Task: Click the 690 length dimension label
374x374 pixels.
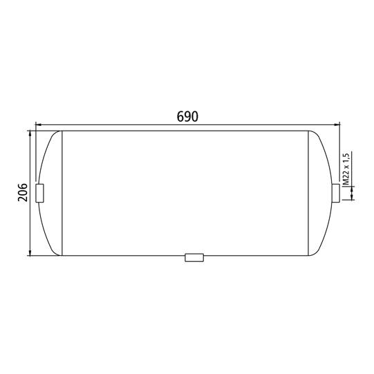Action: (x=187, y=116)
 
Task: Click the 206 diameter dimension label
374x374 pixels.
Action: (x=23, y=192)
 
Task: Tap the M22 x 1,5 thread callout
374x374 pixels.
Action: (x=346, y=168)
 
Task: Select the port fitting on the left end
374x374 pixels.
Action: (x=39, y=193)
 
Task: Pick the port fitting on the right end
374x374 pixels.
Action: (x=336, y=193)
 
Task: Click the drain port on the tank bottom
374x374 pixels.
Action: (x=194, y=258)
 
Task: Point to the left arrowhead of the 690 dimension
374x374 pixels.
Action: (x=39, y=124)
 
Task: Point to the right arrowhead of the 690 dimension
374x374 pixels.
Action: (x=337, y=124)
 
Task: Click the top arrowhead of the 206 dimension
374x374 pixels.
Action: (x=30, y=134)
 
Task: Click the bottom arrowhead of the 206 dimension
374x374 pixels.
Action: (x=30, y=252)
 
